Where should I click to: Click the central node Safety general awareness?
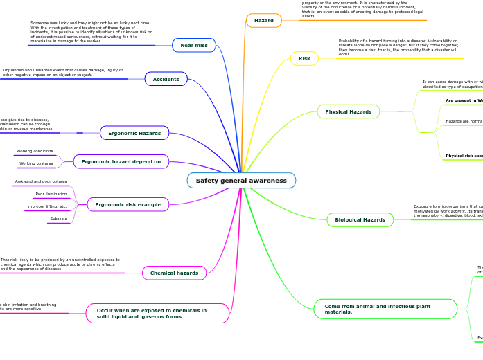[241, 181]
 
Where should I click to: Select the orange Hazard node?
[264, 21]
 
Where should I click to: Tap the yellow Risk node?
[304, 59]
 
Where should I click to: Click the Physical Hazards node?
[348, 111]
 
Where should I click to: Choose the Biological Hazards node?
[360, 219]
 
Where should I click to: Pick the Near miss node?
[194, 45]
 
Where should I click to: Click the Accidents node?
[166, 79]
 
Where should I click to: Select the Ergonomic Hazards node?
[134, 132]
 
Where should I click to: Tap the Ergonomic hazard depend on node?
[121, 161]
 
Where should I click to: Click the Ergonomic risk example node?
[128, 204]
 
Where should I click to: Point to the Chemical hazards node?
[174, 273]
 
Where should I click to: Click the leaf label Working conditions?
[35, 151]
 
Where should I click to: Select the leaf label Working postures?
[36, 164]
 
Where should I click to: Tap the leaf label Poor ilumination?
[51, 194]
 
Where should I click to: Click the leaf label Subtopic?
[58, 219]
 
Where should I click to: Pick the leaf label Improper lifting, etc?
[47, 206]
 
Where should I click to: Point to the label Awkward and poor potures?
[41, 181]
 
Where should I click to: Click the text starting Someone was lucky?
[91, 32]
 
